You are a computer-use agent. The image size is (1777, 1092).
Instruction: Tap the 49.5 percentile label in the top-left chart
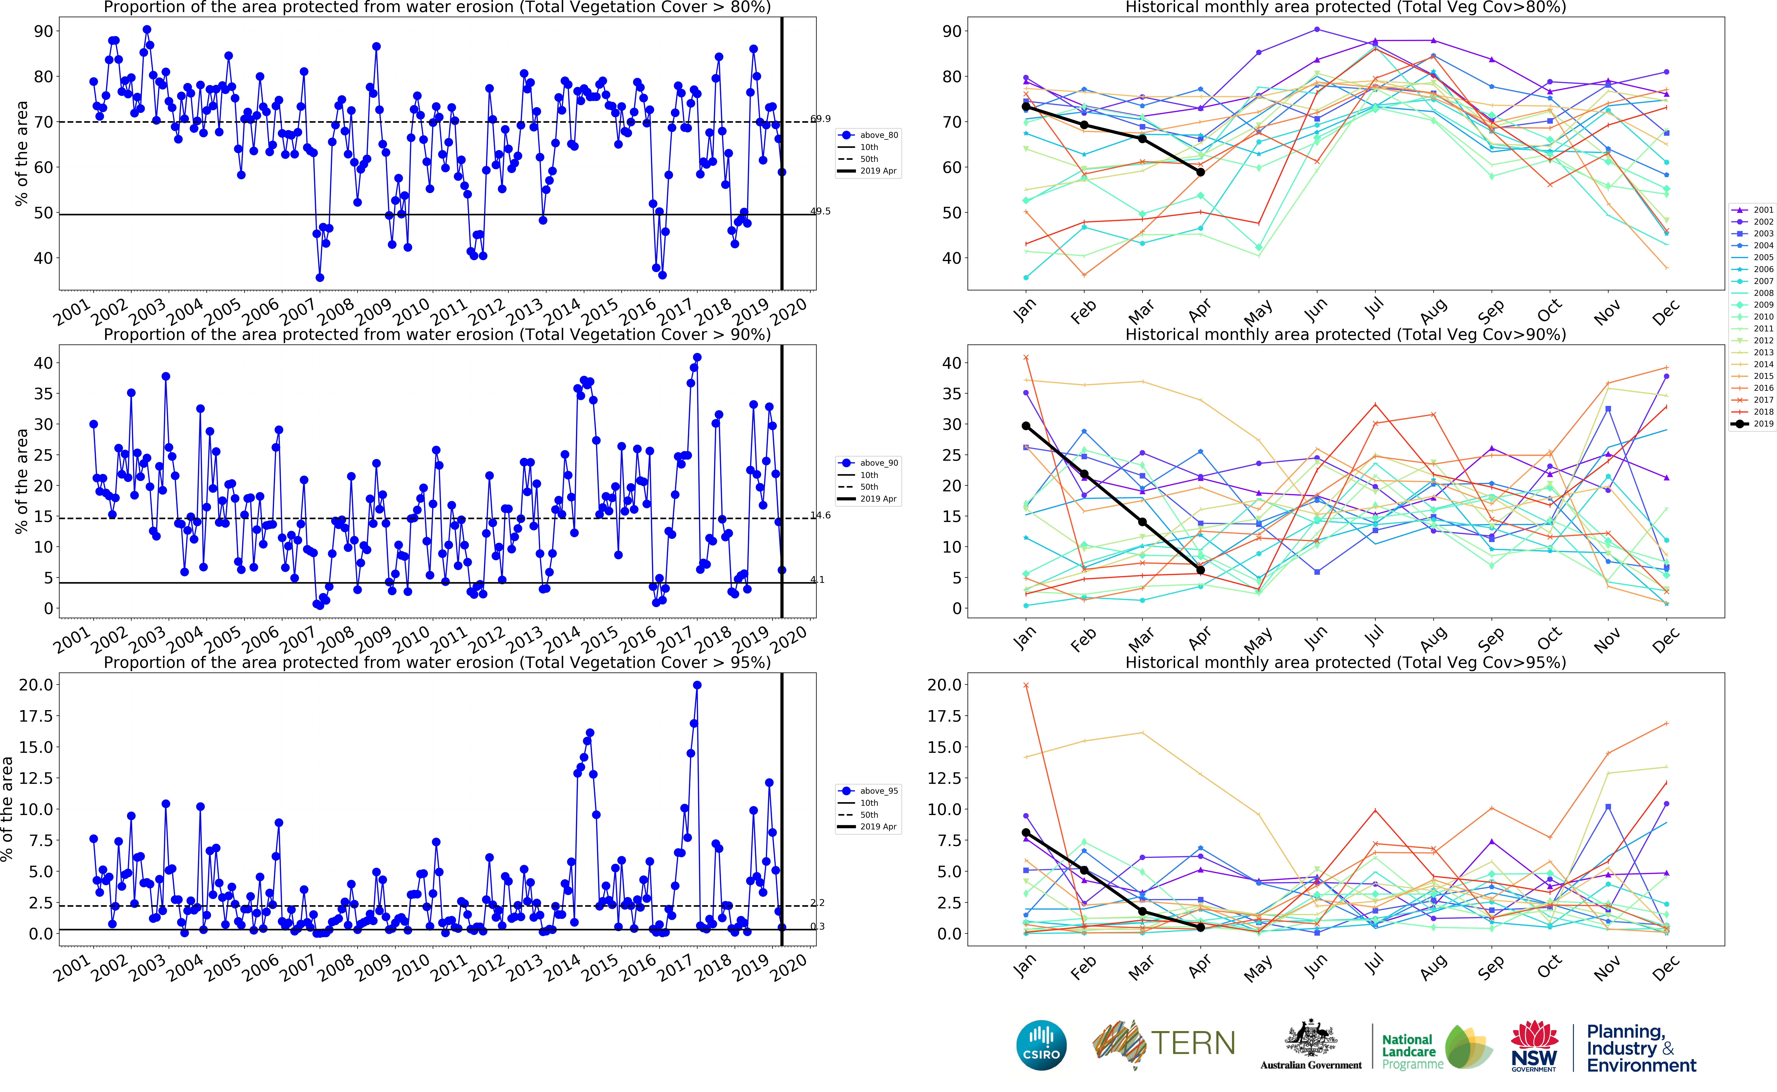pyautogui.click(x=820, y=212)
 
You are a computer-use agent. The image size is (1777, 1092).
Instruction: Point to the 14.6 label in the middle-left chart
pyautogui.click(x=820, y=516)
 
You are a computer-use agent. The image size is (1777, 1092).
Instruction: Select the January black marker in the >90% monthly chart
pyautogui.click(x=1025, y=426)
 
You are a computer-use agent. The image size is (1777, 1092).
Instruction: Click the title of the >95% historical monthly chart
pyautogui.click(x=1345, y=662)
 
